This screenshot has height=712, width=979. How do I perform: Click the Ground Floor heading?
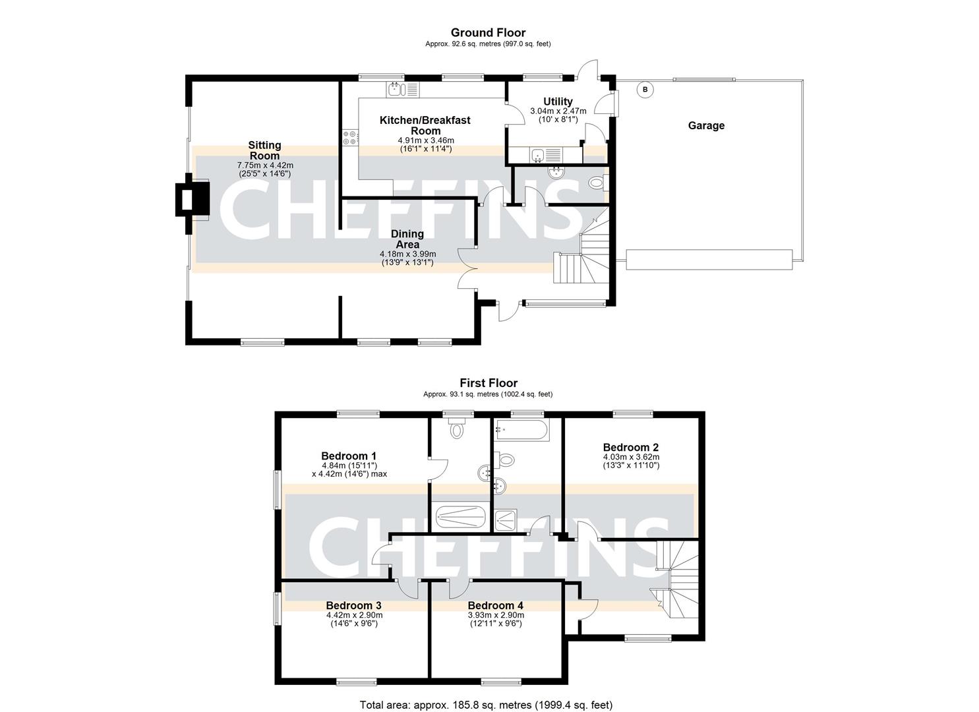[488, 32]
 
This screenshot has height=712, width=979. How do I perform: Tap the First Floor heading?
[488, 383]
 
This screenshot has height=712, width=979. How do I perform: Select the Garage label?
[706, 125]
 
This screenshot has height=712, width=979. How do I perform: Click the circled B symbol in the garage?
[645, 90]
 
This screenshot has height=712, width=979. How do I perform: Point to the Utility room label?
[558, 102]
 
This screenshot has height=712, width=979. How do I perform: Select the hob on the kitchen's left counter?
[349, 137]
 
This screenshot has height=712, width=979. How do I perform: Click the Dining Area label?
[407, 239]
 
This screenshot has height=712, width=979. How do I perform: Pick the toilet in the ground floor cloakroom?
[597, 183]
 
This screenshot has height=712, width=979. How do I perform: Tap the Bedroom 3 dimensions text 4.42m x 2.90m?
[354, 615]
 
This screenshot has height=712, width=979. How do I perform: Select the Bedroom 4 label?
[495, 605]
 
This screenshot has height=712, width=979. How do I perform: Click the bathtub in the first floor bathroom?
[521, 432]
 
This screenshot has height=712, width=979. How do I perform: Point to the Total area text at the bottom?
[488, 705]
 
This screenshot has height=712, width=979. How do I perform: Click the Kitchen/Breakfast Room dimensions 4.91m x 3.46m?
[425, 140]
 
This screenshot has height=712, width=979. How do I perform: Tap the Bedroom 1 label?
[349, 456]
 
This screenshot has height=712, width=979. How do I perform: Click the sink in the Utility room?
[540, 156]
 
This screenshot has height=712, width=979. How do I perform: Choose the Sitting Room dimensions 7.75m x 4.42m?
[264, 165]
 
